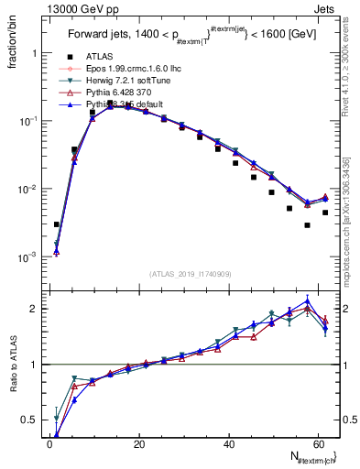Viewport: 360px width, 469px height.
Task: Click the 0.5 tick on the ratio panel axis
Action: [29, 420]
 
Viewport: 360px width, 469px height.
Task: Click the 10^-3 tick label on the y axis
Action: [27, 257]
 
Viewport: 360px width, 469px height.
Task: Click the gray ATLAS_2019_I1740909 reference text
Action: [191, 273]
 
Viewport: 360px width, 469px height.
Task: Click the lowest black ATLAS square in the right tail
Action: [307, 224]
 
